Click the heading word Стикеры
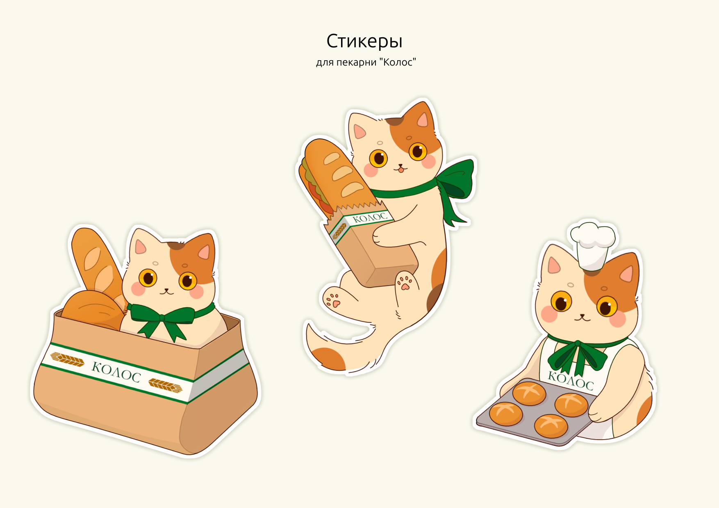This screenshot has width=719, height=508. tap(364, 41)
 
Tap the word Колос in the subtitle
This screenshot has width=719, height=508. tap(398, 62)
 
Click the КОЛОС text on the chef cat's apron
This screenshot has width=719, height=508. tap(571, 381)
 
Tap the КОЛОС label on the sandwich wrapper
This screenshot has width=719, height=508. tap(369, 217)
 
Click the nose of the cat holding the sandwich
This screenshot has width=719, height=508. tap(400, 166)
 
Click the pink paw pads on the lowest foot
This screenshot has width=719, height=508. tap(333, 300)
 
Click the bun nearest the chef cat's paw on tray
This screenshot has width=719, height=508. tap(571, 404)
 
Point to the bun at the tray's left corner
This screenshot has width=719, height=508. tap(506, 414)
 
